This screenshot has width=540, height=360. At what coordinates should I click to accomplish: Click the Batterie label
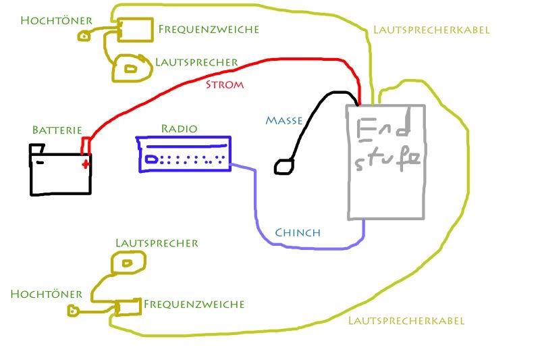[57, 130]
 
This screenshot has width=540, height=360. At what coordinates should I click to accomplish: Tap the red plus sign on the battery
[85, 163]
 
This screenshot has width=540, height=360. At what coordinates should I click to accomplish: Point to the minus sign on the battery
[40, 162]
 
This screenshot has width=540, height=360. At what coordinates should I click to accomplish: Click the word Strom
[223, 85]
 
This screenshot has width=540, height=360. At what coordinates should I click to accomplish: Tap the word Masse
[283, 120]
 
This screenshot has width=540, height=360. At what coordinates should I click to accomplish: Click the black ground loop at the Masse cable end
[283, 165]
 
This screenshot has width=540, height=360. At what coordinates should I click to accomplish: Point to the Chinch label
[297, 233]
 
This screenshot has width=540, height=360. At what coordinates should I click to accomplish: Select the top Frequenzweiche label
[209, 29]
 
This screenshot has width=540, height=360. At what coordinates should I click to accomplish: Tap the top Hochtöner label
[45, 20]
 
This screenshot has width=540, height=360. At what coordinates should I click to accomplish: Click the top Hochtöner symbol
[84, 35]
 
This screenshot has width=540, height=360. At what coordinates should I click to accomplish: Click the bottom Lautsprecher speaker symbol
[128, 261]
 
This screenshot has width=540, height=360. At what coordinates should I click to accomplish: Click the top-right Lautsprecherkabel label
[431, 30]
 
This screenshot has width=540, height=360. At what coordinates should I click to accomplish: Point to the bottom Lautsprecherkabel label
[406, 321]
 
